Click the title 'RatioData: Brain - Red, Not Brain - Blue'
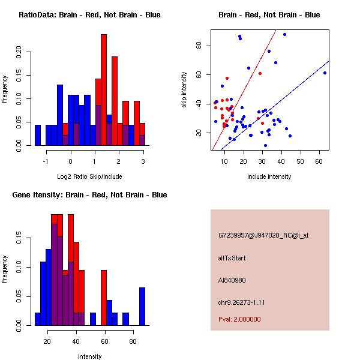89,15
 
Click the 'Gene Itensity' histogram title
89,195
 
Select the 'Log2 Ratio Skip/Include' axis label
89,176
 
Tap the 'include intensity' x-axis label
269,176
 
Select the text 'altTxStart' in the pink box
232,258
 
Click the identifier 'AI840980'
232,280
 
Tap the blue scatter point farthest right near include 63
325,73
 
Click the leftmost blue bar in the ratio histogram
38,135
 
